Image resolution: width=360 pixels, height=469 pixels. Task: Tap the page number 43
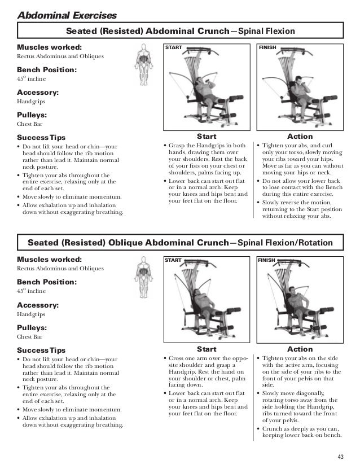coord(340,457)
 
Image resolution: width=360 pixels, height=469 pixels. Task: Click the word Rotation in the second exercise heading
coord(322,243)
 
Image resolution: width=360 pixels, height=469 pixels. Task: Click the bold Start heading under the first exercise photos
coord(205,137)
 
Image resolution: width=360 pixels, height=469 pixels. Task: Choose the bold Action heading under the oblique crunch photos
coord(300,349)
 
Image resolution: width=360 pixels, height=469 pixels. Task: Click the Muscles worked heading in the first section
coord(49,47)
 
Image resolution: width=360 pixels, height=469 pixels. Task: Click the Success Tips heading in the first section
coord(41,138)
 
